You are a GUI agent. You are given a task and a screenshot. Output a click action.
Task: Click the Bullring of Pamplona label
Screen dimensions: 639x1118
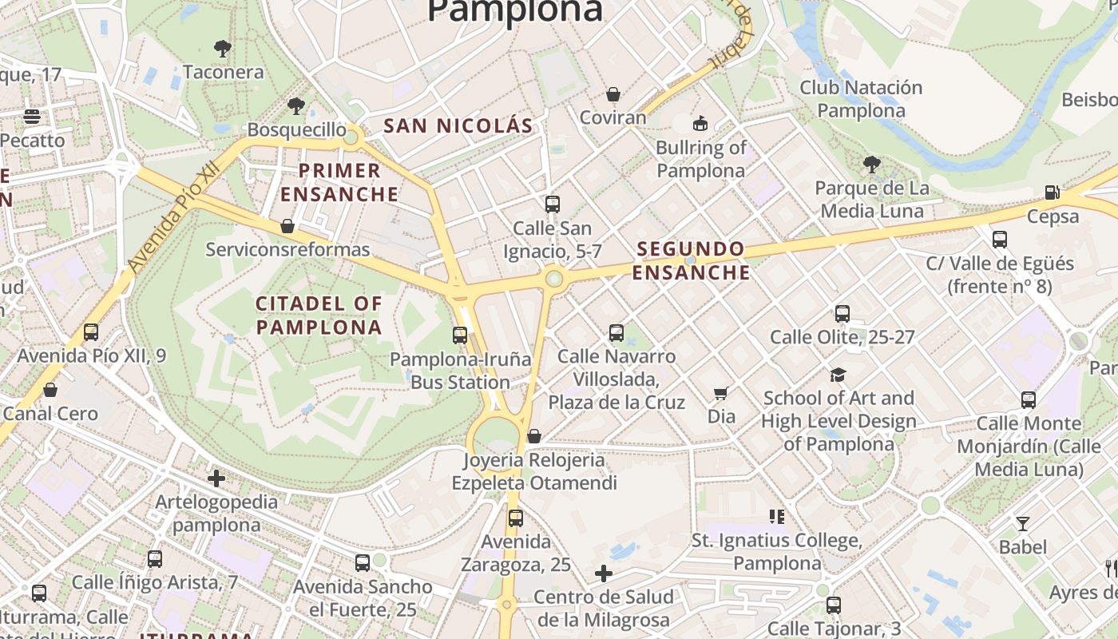(700, 159)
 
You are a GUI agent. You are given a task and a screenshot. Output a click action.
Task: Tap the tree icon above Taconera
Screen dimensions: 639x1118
(223, 49)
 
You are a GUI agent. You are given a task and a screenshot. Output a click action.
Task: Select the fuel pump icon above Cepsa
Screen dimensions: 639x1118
(1053, 192)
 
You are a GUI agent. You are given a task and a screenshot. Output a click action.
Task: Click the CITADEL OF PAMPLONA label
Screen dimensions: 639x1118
(319, 316)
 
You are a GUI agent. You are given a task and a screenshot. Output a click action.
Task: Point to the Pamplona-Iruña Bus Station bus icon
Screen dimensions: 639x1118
(460, 335)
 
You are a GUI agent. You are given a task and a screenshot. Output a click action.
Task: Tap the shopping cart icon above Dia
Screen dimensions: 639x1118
(721, 393)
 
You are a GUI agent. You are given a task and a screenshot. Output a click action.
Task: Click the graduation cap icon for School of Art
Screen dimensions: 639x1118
(838, 375)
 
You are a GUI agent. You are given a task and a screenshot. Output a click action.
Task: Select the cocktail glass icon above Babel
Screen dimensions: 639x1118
(1022, 524)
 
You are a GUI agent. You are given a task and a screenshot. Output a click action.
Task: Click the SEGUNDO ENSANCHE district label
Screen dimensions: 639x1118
(692, 261)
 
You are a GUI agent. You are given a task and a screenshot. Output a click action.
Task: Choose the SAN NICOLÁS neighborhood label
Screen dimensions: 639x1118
(458, 125)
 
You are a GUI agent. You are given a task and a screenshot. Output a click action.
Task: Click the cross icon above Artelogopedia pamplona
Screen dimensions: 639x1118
(216, 479)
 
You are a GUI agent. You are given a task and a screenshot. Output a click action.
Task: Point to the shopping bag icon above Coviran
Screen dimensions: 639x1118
(613, 95)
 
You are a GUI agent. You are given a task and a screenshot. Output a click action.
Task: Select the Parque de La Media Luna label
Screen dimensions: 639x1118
(872, 200)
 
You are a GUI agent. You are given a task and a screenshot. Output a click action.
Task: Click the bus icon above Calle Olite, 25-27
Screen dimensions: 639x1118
(842, 314)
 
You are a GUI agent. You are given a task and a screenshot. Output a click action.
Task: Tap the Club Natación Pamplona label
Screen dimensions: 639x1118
(861, 99)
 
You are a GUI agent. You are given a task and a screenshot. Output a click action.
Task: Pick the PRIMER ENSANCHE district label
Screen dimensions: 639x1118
(339, 182)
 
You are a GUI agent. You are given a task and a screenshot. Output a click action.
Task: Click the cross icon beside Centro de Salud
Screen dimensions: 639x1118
(604, 574)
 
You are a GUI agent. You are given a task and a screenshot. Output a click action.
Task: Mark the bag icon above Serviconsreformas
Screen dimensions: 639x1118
(287, 227)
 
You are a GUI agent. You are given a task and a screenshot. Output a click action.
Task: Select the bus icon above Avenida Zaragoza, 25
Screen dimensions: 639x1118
(516, 518)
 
